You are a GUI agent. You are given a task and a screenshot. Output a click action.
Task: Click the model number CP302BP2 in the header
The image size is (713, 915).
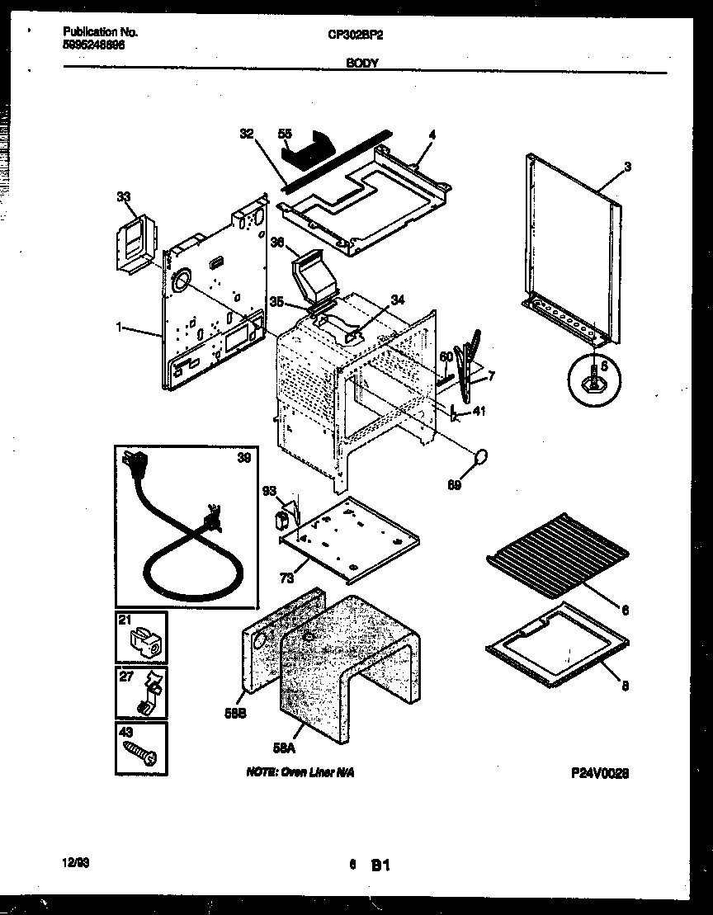coord(356,35)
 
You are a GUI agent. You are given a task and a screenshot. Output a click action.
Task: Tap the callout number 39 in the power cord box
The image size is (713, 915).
coord(243,459)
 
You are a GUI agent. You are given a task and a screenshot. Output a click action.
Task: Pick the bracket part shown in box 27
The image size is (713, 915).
coord(145,694)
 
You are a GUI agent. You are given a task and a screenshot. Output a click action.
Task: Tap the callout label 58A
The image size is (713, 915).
coord(283,748)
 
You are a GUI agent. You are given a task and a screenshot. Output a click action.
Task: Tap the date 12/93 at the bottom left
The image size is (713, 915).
coord(76,861)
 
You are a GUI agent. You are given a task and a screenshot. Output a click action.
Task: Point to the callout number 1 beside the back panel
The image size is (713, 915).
coord(120,328)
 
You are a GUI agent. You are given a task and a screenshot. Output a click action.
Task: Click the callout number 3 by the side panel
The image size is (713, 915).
coord(627,167)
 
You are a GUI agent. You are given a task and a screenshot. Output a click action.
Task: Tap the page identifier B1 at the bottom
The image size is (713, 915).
coord(380,865)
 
